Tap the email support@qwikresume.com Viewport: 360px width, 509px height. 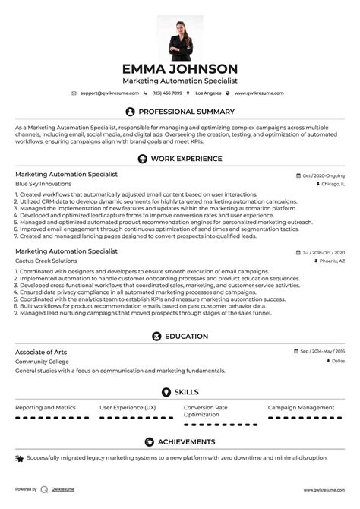tap(108, 93)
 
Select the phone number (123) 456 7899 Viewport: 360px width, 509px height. tap(167, 93)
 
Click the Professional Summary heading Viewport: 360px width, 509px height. tap(186, 111)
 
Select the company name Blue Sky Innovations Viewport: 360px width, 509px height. tap(43, 184)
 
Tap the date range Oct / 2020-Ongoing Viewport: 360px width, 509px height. tap(322, 175)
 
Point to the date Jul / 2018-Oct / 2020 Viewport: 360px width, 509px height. tap(322, 251)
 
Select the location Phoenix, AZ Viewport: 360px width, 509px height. tap(330, 260)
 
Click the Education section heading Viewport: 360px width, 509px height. tap(186, 336)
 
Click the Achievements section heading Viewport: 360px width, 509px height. tap(186, 441)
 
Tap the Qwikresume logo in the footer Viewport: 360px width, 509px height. tap(45, 489)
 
